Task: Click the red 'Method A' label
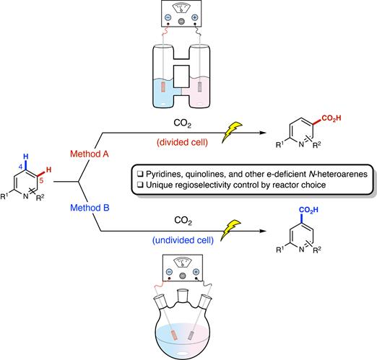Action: [90, 154]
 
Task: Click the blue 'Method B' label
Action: [90, 208]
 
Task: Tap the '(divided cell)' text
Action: [182, 142]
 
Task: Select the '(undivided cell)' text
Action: [183, 240]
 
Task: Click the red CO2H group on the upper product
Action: [331, 118]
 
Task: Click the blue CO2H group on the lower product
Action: [308, 210]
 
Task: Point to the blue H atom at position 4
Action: [26, 157]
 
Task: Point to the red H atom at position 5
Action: [48, 170]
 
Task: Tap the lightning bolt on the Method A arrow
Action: [231, 132]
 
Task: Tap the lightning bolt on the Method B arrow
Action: [230, 229]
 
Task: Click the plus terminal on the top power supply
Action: [194, 17]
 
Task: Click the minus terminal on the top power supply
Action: [168, 17]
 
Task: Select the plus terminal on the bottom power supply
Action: [196, 272]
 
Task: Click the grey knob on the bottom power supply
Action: [183, 276]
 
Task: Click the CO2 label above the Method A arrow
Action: [182, 123]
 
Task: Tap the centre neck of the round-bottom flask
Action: [183, 296]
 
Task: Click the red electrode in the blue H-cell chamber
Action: [163, 87]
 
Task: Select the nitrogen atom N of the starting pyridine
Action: [25, 196]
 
